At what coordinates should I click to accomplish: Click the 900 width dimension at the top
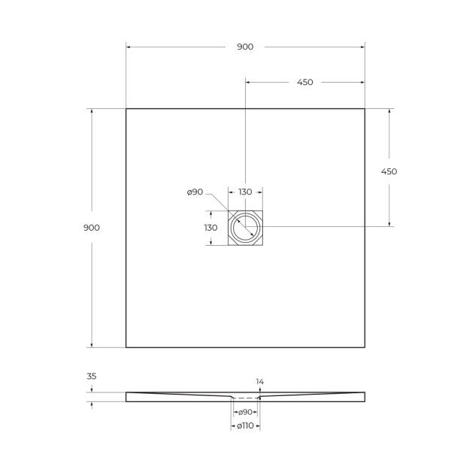coord(245,47)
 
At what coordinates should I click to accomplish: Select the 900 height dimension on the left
coord(92,227)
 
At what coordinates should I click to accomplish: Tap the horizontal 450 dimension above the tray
coord(304,83)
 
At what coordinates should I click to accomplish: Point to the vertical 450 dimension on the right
coord(389,171)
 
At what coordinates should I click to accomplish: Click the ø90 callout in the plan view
coord(195,192)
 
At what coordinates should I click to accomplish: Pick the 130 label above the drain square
coord(245,192)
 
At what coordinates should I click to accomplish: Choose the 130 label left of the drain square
coord(210,227)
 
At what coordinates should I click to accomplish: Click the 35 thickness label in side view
coord(92,376)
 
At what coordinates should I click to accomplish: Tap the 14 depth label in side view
coord(260,382)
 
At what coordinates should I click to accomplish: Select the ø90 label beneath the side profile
coord(244,413)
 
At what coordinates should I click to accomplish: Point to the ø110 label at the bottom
coord(244,427)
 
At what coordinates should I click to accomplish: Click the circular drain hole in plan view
coord(245,227)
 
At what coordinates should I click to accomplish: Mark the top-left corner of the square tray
coord(126,109)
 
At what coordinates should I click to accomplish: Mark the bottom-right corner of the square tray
coord(365,347)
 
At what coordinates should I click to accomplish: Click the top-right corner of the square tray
coord(365,109)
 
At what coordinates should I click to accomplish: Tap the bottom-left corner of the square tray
coord(126,347)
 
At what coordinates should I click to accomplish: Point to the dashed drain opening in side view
coord(245,397)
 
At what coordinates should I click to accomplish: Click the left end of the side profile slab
coord(127,395)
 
